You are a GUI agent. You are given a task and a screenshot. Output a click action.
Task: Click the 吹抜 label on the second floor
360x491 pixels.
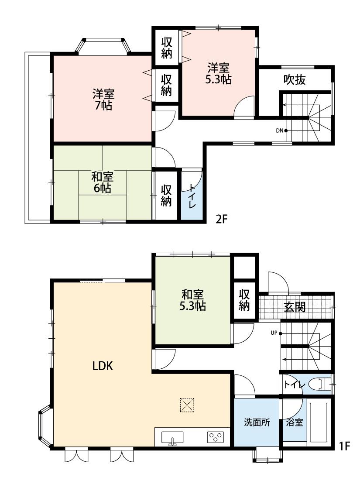tap(295, 79)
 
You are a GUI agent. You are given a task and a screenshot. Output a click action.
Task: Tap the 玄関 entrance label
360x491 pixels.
tap(295, 307)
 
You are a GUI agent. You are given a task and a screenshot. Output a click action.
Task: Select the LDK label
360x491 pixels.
tap(103, 366)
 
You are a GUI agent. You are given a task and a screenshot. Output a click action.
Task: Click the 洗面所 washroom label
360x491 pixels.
tap(256, 422)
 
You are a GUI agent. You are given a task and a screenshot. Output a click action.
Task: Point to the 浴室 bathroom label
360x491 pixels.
tap(295, 422)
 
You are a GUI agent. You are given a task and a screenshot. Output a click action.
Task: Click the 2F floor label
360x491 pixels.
tap(222, 219)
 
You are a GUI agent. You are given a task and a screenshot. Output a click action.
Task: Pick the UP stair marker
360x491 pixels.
tap(275, 333)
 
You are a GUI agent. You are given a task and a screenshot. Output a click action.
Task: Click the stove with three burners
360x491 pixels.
tap(215, 437)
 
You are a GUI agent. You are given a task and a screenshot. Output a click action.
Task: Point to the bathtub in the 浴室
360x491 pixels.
tap(319, 422)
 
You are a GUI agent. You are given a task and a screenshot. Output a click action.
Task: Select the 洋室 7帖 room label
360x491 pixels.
tap(103, 100)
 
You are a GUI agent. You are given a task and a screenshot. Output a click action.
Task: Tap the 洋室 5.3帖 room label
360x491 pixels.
tap(218, 74)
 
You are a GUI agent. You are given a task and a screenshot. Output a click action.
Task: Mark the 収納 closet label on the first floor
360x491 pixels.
tap(244, 300)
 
